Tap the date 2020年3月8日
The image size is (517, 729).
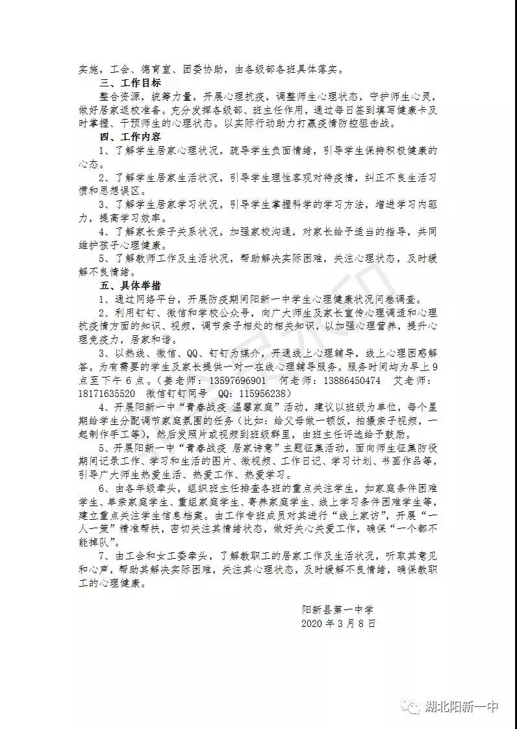(338, 623)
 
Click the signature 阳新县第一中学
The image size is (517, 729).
(337, 609)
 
